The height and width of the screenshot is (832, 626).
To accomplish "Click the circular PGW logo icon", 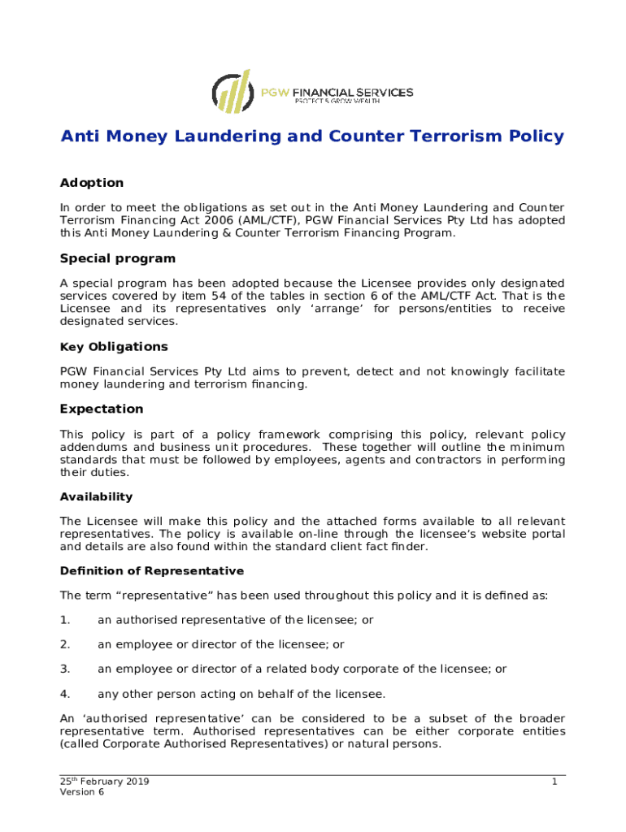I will tap(231, 91).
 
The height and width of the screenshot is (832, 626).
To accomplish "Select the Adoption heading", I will tap(92, 183).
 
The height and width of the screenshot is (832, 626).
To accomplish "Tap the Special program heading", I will tap(118, 258).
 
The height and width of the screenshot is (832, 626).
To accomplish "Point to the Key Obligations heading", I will tap(114, 347).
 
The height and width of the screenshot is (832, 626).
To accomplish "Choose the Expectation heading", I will tap(102, 409).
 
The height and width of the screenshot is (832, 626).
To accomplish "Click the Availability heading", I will tap(96, 496).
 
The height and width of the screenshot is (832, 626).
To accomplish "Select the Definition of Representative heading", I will tap(152, 571).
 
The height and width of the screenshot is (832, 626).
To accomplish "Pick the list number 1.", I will tap(65, 620).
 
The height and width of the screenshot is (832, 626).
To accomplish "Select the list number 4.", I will tap(65, 694).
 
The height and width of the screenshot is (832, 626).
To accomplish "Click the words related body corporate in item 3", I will tap(372, 669).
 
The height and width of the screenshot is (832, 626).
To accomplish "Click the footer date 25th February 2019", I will tap(104, 782).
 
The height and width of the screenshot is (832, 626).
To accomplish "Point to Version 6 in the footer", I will tap(82, 793).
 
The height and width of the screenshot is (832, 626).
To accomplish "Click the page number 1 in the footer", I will tap(554, 782).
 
